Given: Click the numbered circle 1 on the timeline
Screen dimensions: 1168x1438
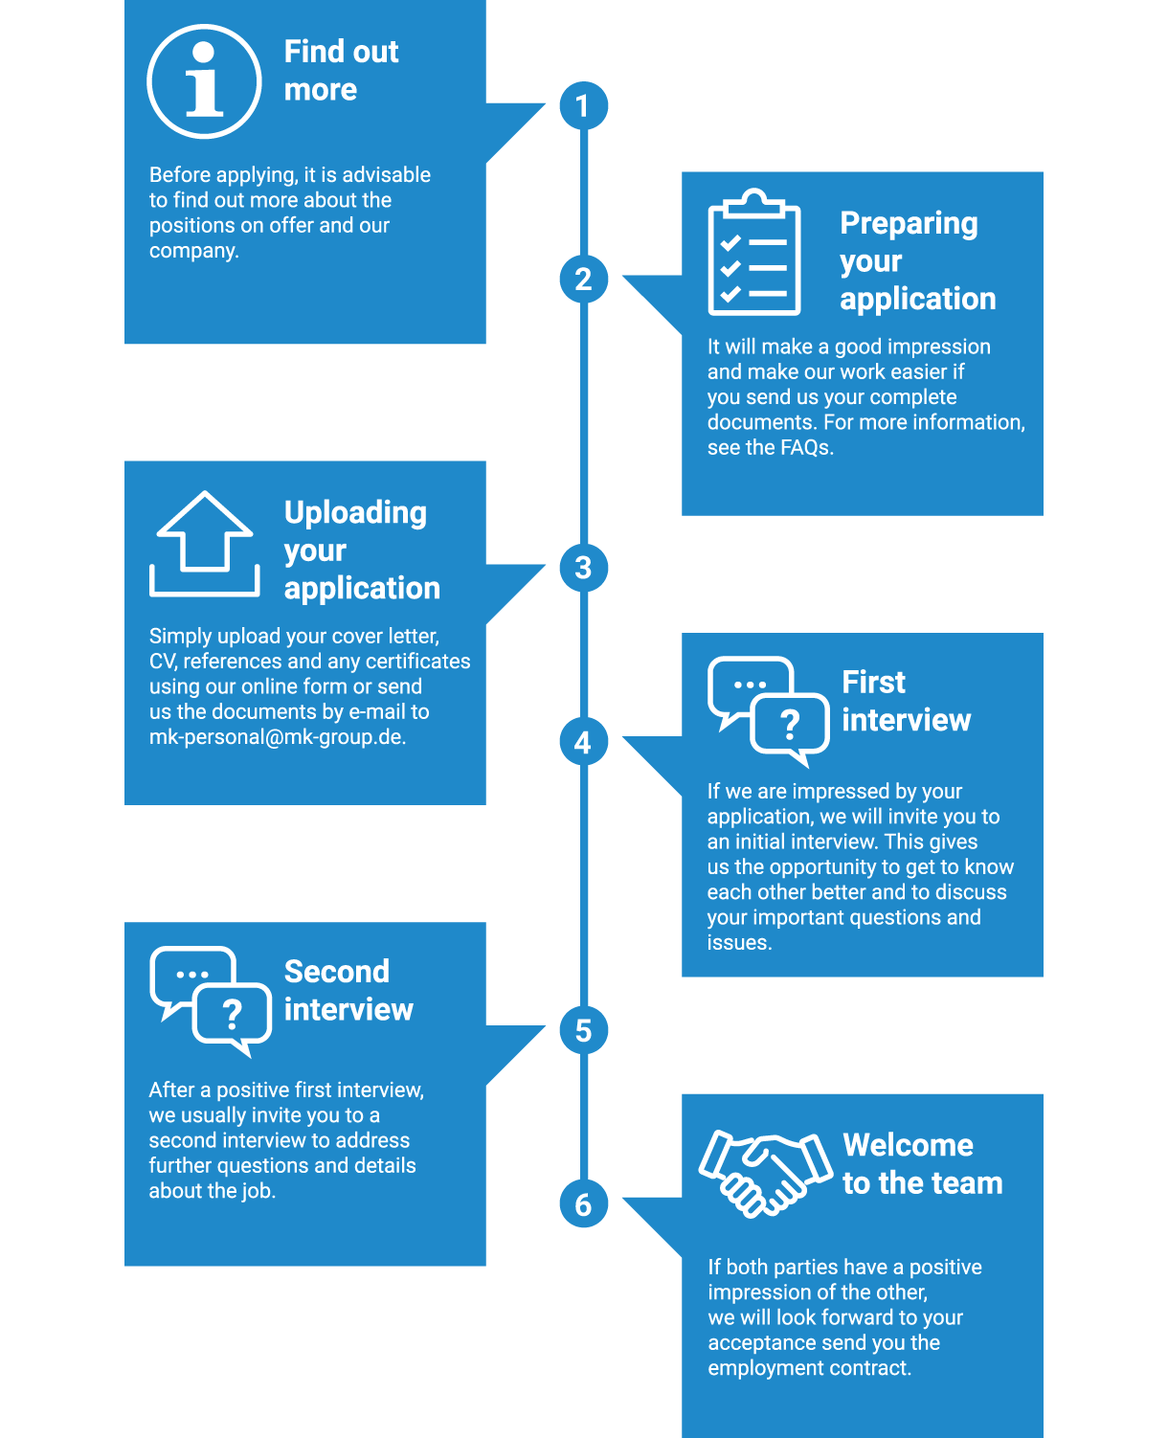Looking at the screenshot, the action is point(583,106).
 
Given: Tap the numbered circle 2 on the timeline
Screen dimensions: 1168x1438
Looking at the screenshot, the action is point(583,280).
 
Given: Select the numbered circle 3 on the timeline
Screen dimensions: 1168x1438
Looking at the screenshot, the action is point(583,568).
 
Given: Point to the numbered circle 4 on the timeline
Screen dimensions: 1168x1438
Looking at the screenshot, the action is point(583,741).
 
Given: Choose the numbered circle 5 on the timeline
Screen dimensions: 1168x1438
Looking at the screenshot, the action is point(583,1030).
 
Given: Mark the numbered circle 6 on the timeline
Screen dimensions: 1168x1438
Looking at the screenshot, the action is point(583,1203).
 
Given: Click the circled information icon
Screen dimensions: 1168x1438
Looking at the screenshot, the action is point(204,81).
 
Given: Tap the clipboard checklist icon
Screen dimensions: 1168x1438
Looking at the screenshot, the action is point(753,252).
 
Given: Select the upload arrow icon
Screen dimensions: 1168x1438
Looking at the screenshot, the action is point(204,544).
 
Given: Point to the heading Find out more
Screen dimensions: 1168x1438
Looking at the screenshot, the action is point(341,70).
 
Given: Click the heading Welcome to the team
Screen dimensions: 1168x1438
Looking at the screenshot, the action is point(922,1164).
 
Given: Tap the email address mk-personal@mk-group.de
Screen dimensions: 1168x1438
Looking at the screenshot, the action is point(278,736).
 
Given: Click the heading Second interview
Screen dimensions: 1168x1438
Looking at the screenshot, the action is point(348,990).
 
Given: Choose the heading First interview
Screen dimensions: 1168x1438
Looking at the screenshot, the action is point(906,701).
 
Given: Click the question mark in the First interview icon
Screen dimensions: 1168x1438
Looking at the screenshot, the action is point(789,725).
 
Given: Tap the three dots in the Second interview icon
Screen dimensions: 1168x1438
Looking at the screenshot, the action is point(192,975).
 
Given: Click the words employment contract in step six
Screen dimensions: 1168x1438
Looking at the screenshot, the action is point(810,1367).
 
